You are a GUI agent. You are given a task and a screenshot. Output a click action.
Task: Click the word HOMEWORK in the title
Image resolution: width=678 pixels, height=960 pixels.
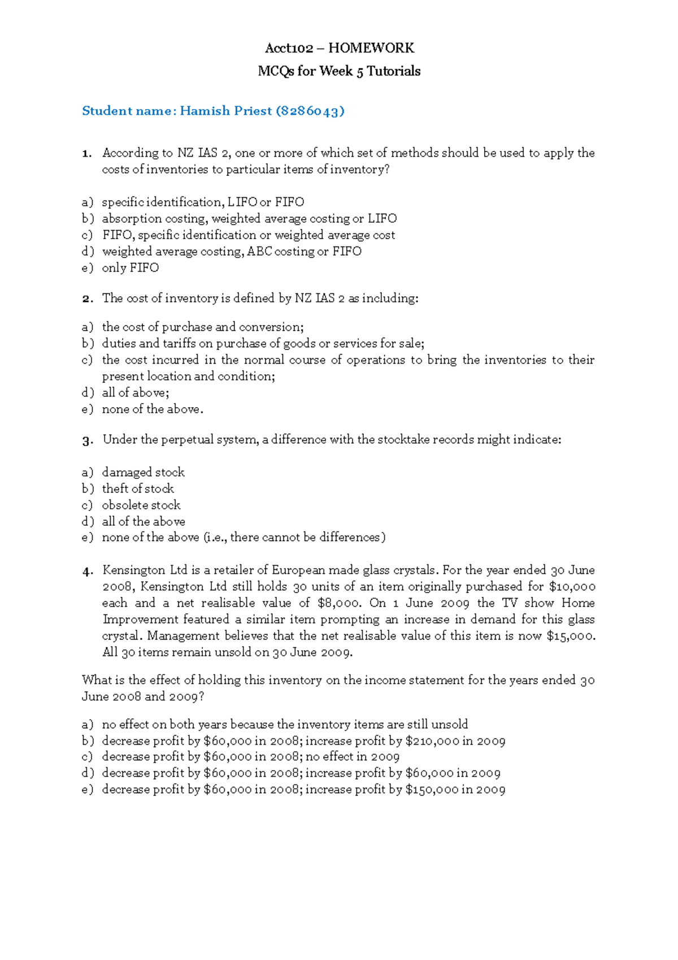click(371, 48)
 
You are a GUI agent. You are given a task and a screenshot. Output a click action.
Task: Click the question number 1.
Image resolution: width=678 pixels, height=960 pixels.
click(86, 153)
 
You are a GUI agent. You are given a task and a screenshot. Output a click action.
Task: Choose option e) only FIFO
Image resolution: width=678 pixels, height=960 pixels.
click(130, 268)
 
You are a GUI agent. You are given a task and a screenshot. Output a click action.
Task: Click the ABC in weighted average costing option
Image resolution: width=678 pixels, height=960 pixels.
click(259, 252)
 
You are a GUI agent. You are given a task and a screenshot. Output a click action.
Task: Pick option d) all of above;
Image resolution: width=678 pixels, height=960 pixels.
click(135, 393)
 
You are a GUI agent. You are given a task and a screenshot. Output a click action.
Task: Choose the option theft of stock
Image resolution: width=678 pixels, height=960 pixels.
click(138, 489)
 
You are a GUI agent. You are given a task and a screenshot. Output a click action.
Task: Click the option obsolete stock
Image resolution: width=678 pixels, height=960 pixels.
click(141, 505)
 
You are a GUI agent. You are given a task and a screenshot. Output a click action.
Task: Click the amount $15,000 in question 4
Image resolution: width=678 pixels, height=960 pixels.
click(571, 636)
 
